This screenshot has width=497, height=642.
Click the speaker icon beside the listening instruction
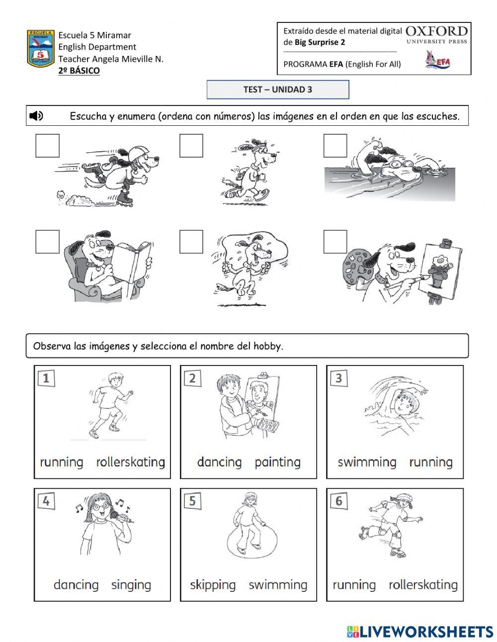tap(36, 116)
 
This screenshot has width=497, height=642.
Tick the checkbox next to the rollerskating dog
tap(48, 146)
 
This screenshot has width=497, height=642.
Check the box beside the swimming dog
tap(335, 146)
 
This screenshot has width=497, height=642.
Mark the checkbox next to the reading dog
tap(48, 242)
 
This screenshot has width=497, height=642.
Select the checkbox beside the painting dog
tap(335, 242)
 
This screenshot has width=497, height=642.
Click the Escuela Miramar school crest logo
tap(41, 49)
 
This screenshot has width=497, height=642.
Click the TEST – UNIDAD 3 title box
tap(278, 90)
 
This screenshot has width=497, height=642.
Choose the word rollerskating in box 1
tap(131, 462)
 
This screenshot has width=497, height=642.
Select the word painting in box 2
tap(278, 462)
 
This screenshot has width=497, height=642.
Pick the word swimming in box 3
tap(367, 462)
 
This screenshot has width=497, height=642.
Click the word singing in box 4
tap(131, 585)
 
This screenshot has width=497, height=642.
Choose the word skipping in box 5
tap(213, 585)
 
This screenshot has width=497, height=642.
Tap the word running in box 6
tap(354, 585)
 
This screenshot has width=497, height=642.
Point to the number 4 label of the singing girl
tap(46, 501)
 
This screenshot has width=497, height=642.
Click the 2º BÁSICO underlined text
tap(79, 71)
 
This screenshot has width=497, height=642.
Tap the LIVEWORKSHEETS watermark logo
tap(420, 632)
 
